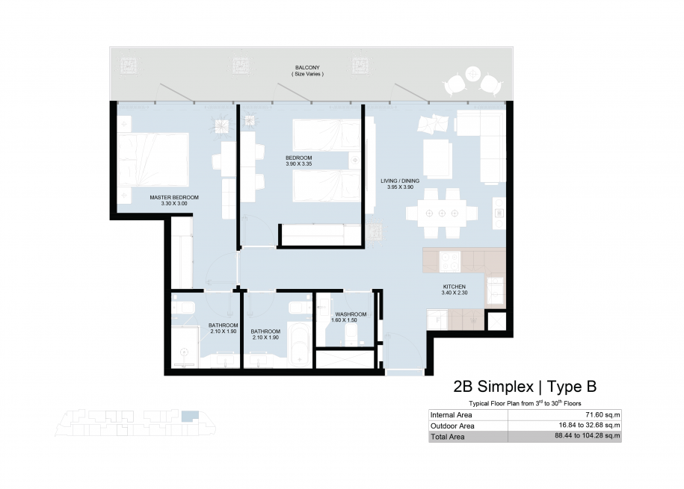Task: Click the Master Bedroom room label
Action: (174, 197)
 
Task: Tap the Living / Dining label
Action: (400, 181)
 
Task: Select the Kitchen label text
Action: (454, 287)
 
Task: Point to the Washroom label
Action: (351, 314)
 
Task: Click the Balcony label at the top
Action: (307, 67)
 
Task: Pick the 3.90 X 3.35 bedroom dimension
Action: (299, 164)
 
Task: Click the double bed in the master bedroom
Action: (153, 160)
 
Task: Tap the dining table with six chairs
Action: (442, 213)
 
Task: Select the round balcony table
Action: (473, 74)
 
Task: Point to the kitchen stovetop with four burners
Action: (450, 261)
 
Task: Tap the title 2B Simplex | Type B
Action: (525, 387)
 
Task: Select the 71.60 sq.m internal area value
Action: (603, 415)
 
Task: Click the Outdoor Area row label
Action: (452, 426)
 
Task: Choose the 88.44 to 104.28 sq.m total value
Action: (587, 436)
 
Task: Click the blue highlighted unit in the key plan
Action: (190, 415)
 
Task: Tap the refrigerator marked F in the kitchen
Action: (437, 320)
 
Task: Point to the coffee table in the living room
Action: (437, 158)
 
